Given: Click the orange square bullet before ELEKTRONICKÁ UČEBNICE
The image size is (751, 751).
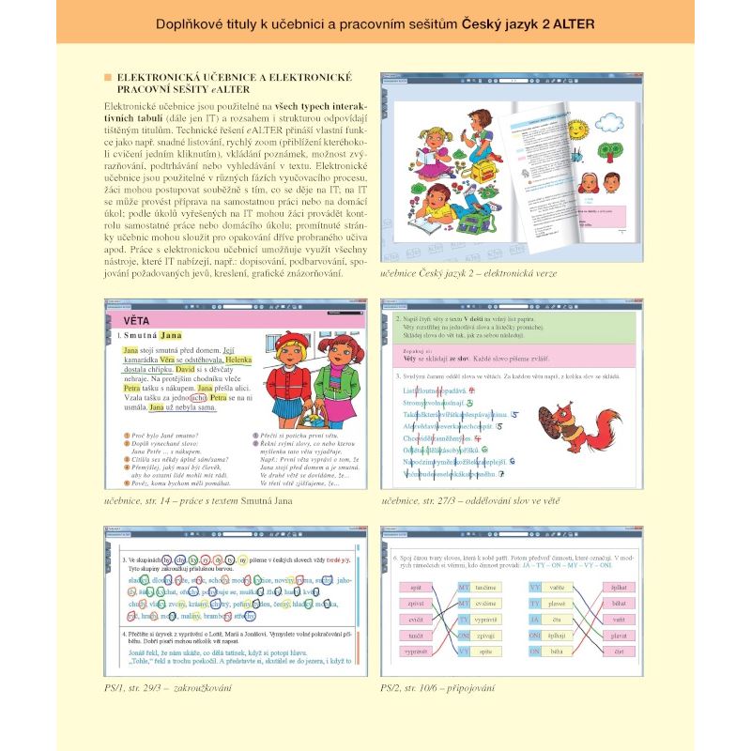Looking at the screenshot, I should pos(108,75).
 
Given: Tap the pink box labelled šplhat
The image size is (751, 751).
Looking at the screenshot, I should pos(617,586).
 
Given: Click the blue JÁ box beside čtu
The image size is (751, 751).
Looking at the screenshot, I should pos(534,619).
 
